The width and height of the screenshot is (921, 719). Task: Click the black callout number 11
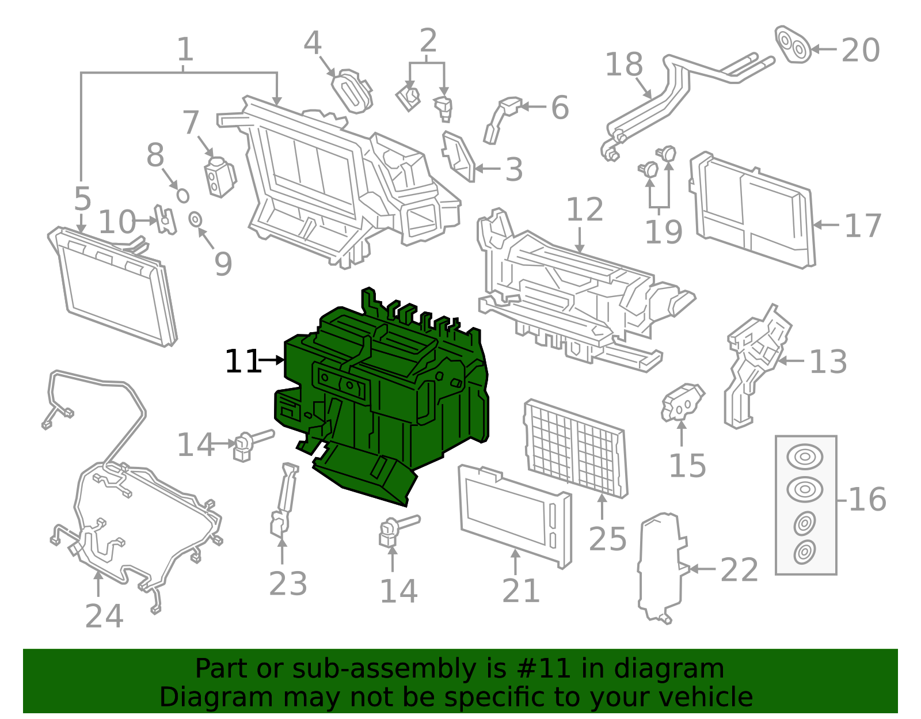242,362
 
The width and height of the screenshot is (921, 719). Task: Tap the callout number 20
861,51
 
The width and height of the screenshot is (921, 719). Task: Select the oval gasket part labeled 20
793,45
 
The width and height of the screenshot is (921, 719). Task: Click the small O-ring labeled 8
182,195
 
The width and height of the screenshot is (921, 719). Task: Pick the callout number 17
862,226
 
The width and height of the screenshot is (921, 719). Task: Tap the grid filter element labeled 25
576,449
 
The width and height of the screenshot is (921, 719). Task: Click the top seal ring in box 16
805,457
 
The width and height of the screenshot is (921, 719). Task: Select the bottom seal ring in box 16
804,552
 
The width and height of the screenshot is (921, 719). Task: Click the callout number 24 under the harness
104,616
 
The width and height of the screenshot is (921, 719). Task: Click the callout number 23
288,584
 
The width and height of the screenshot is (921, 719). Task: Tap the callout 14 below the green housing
398,592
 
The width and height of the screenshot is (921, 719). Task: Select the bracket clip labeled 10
165,220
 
